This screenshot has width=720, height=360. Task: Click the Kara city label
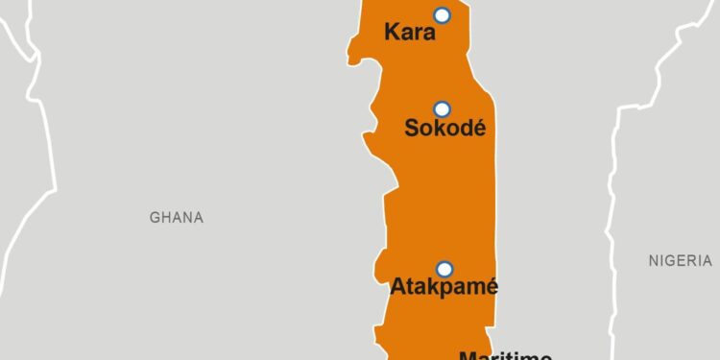(410, 33)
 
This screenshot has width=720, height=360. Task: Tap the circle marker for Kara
(442, 14)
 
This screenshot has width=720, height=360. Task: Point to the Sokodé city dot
(442, 108)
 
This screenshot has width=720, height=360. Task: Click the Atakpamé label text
(444, 286)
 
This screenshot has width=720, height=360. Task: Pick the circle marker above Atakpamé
(444, 269)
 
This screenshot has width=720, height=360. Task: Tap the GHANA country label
(177, 218)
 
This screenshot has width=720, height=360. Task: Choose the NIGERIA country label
(680, 260)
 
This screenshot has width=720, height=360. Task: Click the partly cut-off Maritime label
(505, 355)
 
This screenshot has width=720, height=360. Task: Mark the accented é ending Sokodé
(479, 127)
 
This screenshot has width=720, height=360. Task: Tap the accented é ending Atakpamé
(492, 286)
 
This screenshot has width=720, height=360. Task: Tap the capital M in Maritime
(468, 355)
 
